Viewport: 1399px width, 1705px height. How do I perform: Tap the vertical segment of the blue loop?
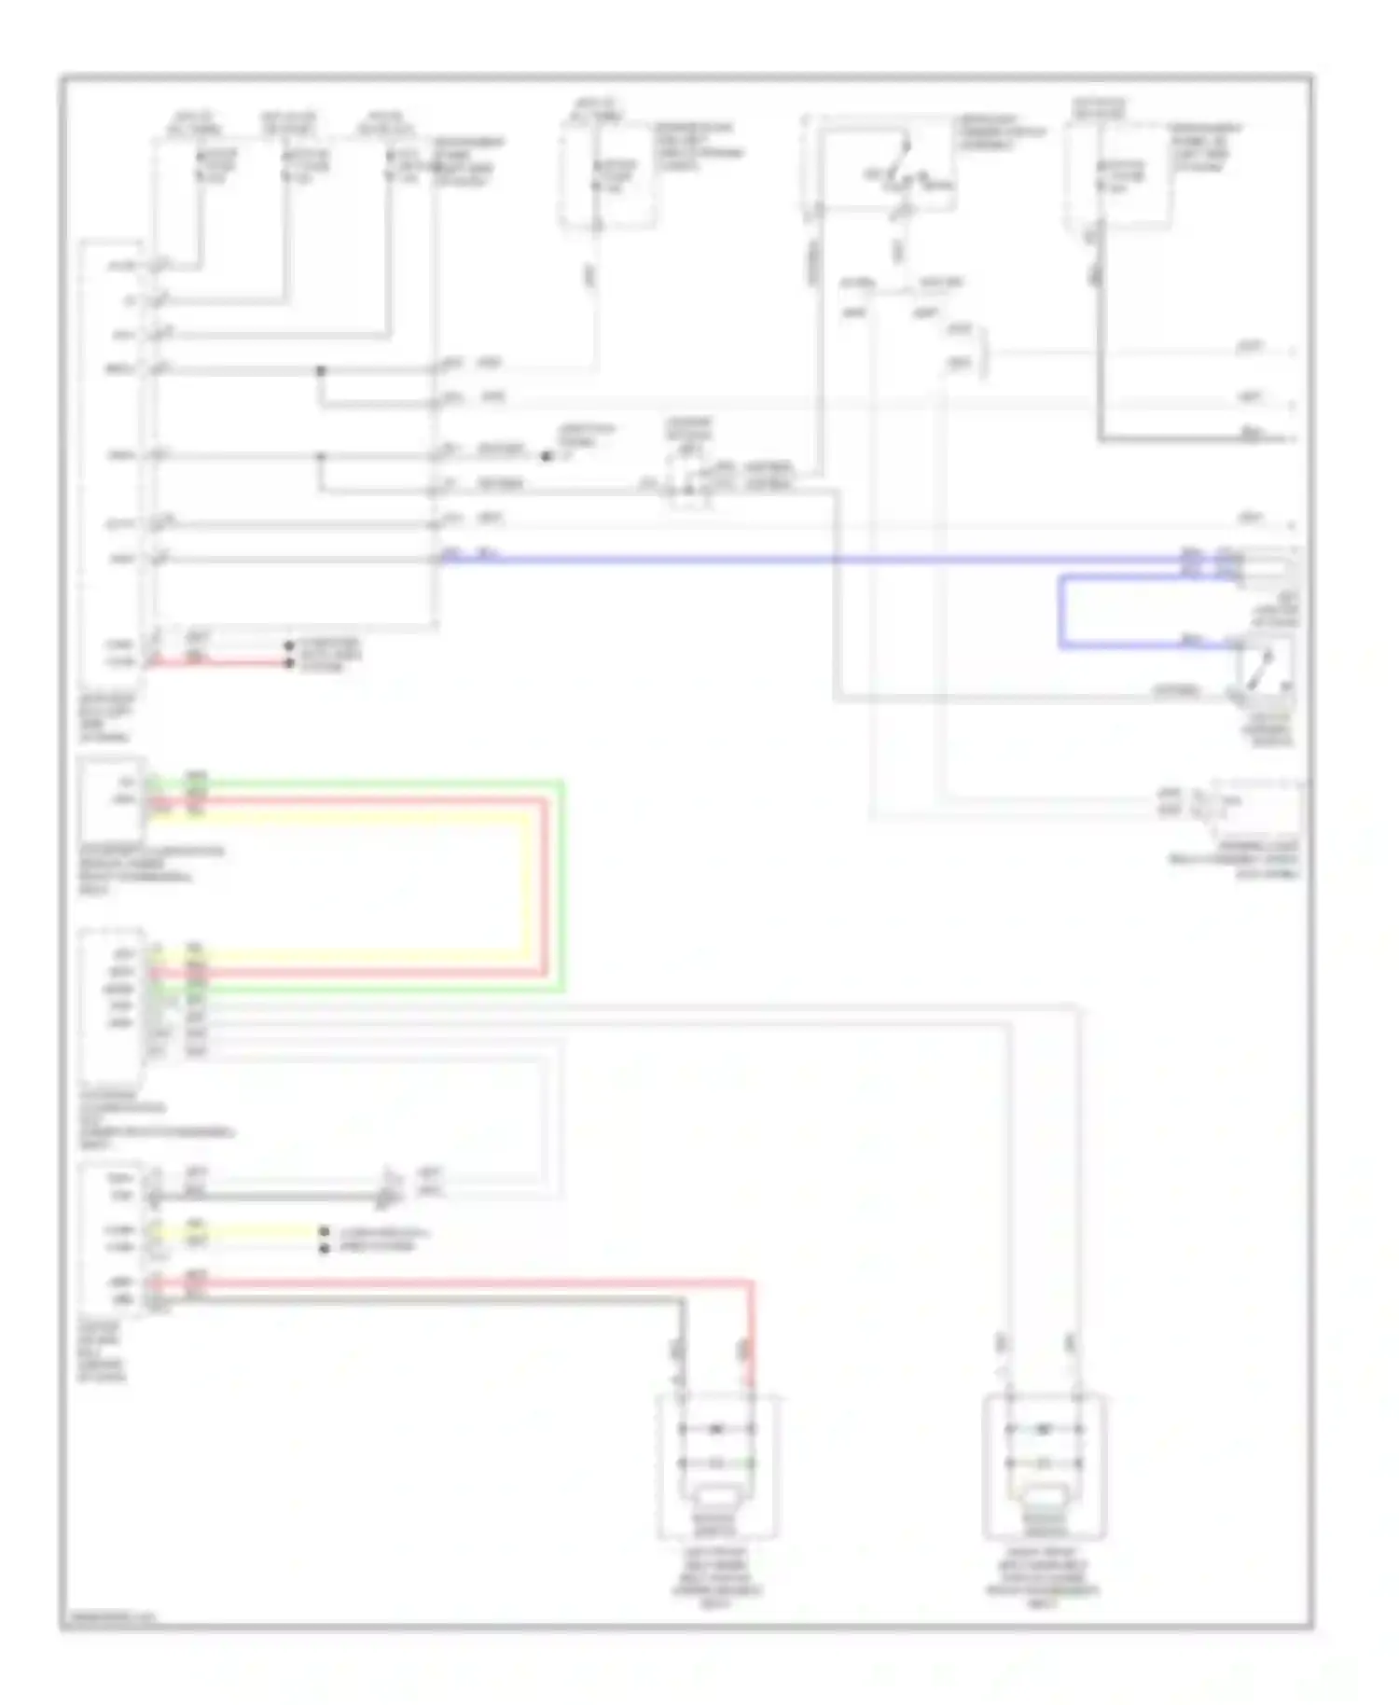(1061, 612)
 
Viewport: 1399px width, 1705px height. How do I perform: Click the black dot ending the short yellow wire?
(324, 1231)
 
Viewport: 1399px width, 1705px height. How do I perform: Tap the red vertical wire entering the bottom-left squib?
(751, 1334)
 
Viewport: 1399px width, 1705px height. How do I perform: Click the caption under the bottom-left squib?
(716, 1576)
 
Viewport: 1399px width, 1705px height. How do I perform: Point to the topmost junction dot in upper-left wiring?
(320, 370)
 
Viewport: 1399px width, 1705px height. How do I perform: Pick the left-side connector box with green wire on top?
(112, 797)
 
